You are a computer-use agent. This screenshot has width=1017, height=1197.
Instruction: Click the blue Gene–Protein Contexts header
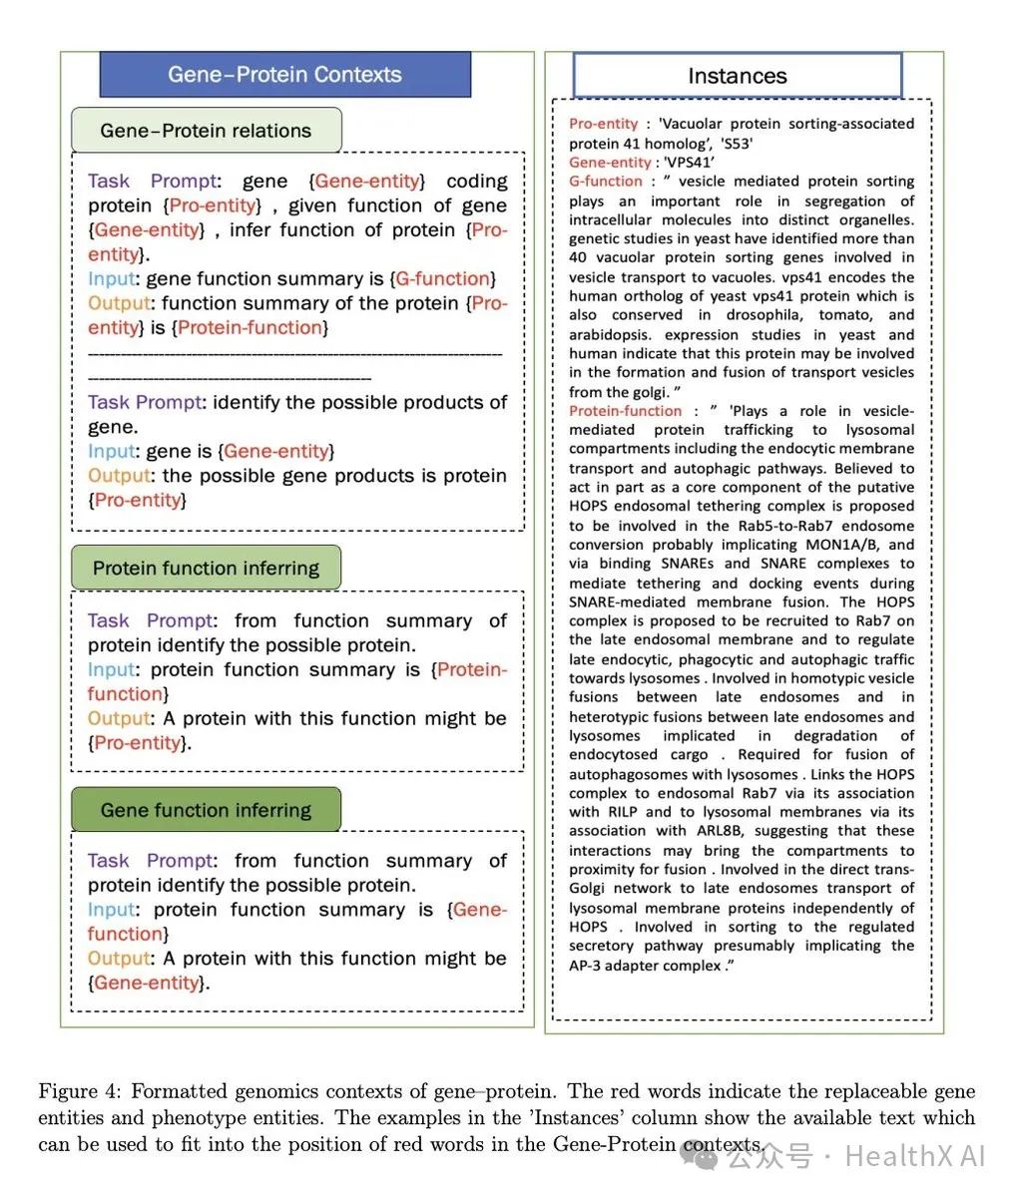[x=284, y=75]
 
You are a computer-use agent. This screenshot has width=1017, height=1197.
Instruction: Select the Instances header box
[x=737, y=76]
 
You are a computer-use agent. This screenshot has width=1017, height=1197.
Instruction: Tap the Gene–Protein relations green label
[x=206, y=131]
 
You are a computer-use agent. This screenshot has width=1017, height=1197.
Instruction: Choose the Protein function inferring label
[x=206, y=569]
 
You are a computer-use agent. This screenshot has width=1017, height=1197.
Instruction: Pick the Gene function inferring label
[x=206, y=810]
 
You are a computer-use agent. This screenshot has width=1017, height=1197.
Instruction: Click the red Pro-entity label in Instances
[x=603, y=124]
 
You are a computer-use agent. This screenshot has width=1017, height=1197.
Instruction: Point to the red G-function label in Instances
[x=606, y=182]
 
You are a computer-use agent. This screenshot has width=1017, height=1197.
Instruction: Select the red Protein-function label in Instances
[x=625, y=411]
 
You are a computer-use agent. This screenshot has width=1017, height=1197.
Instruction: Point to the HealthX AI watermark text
[x=914, y=1156]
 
